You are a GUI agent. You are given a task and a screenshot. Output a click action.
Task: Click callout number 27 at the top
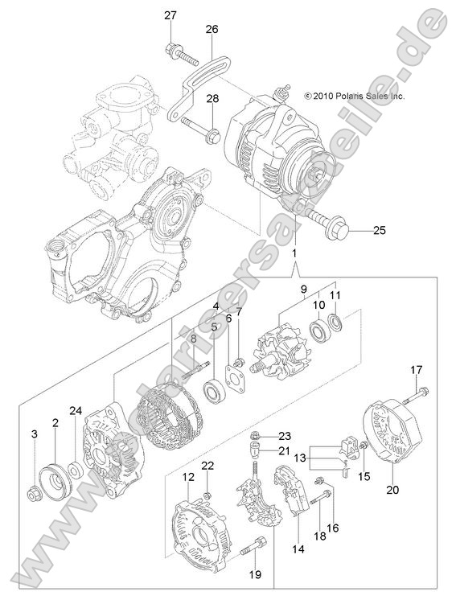(170, 16)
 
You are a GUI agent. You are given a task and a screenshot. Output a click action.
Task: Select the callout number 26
(212, 29)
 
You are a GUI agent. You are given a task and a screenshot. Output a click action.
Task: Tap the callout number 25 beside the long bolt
(379, 231)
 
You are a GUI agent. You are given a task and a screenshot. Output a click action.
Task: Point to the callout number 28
(212, 99)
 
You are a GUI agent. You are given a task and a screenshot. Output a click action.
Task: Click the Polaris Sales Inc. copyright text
(354, 96)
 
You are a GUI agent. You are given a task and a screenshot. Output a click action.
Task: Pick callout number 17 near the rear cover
(416, 370)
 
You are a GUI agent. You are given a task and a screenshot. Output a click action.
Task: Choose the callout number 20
(393, 490)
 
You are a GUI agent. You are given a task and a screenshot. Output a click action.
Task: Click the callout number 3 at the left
(35, 434)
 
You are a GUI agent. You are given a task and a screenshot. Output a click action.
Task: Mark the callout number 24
(75, 411)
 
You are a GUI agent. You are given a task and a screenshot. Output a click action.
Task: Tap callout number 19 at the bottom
(255, 575)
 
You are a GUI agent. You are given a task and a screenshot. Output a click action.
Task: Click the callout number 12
(188, 478)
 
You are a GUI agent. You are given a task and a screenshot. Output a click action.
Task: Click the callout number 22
(207, 466)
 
